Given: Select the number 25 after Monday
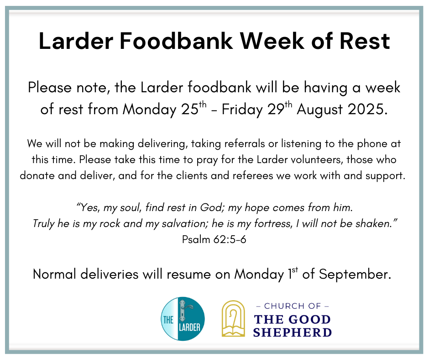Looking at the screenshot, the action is (x=189, y=109).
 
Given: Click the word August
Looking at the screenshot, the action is (x=319, y=110).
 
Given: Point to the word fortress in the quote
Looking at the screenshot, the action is (x=272, y=223).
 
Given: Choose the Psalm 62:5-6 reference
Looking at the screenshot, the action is (x=214, y=239).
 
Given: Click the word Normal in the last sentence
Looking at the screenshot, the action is (x=54, y=274).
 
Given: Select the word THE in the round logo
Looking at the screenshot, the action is (x=168, y=320).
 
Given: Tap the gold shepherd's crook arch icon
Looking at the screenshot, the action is (x=233, y=318).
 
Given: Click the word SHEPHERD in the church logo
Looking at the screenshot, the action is (x=293, y=332).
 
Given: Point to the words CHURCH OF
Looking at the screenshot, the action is (x=293, y=306).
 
